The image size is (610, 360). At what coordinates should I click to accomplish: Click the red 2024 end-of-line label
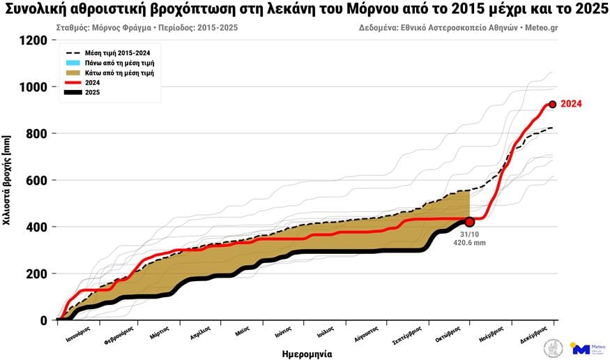point(571,104)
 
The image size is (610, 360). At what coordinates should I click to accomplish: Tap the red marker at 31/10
point(469,222)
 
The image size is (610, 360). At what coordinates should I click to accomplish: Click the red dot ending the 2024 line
point(552,104)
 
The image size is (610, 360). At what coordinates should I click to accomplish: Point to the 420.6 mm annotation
point(469,243)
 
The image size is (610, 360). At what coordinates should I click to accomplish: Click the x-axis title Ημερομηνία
point(303,353)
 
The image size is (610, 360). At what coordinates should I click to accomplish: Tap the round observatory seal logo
point(554,347)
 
